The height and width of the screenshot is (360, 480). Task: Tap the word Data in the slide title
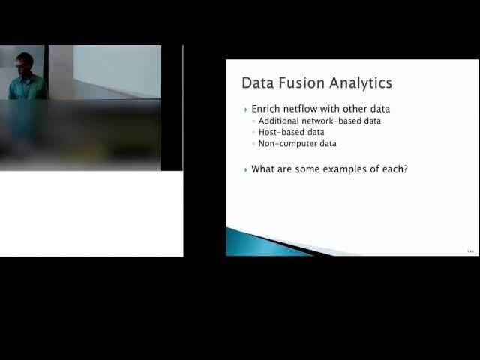click(x=256, y=82)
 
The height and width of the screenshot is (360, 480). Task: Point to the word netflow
click(x=304, y=109)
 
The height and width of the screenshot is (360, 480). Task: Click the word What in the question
click(x=263, y=169)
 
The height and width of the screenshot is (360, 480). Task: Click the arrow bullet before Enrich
click(x=246, y=109)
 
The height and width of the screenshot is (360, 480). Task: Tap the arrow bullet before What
click(x=246, y=169)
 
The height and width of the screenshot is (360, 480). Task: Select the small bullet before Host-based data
click(x=254, y=133)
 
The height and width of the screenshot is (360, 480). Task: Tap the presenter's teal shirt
click(x=27, y=87)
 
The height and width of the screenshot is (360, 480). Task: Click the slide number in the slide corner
click(x=470, y=250)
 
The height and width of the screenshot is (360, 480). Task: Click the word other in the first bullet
click(x=356, y=109)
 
